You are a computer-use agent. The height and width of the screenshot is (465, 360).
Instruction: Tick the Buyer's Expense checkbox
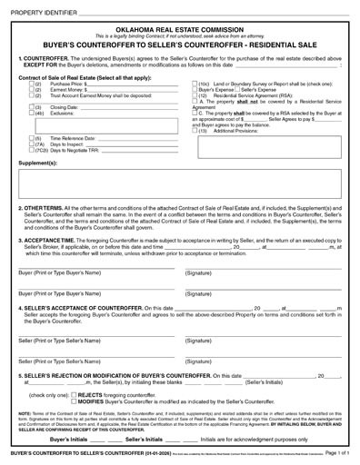[x=195, y=89]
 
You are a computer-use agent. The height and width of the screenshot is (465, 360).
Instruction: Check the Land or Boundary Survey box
[x=195, y=84]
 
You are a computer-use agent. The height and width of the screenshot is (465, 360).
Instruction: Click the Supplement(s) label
[x=37, y=162]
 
